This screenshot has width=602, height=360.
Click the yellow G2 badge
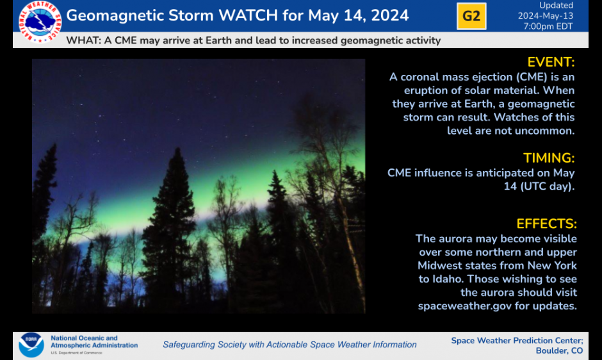[x=471, y=16]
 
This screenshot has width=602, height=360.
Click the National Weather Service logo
[x=40, y=22]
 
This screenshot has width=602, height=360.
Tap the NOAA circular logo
[x=31, y=345]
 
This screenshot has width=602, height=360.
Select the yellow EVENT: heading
[x=551, y=62]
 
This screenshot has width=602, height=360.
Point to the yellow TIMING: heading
[x=549, y=158]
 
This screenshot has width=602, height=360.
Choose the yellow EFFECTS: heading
[x=547, y=224]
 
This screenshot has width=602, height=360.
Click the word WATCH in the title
[x=248, y=15]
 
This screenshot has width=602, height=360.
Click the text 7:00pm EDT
[x=548, y=26]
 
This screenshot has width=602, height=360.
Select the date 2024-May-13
[x=546, y=16]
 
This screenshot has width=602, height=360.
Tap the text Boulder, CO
[x=559, y=351]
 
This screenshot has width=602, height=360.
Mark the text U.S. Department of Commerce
[x=76, y=353]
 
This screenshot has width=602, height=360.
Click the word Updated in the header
[x=557, y=5]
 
